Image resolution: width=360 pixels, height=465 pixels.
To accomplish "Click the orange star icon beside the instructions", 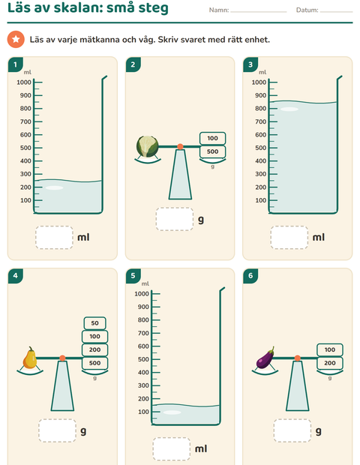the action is pos(16,39).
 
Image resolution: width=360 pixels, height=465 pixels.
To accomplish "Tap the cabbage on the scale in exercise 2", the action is pos(148,146).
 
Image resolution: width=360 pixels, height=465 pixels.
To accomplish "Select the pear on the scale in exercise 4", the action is pos(30,358).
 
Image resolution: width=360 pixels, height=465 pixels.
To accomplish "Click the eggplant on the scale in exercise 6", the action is pos(265,358).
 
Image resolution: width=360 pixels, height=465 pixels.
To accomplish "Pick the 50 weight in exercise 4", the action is pos(95,323).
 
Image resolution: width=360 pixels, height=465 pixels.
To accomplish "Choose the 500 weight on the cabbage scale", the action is pos(212,151).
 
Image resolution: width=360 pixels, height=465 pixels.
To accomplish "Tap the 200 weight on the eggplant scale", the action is pos(330,363).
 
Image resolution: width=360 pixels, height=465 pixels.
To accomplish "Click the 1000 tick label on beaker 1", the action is pos(24,82).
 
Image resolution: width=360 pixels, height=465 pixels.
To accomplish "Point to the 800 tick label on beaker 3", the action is pos(261,109).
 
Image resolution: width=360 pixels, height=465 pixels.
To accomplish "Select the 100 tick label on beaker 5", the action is pos(143,412).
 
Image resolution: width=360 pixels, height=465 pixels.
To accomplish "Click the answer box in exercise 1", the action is pos(54,238).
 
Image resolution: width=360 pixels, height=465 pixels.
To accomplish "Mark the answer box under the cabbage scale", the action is pos(175,219).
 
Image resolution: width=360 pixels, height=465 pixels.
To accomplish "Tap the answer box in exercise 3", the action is pos(289,238).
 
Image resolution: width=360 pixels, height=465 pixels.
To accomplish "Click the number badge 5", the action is pos(133,276).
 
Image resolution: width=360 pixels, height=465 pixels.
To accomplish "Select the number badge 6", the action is pos(250,276).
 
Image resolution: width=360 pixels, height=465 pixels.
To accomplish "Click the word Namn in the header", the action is pos(219,10).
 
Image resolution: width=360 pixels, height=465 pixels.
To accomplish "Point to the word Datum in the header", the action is pos(307,10).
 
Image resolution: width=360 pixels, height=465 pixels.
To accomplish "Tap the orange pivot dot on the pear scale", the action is pos(62,358).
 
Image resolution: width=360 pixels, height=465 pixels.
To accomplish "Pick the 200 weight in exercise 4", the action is pos(95,349).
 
